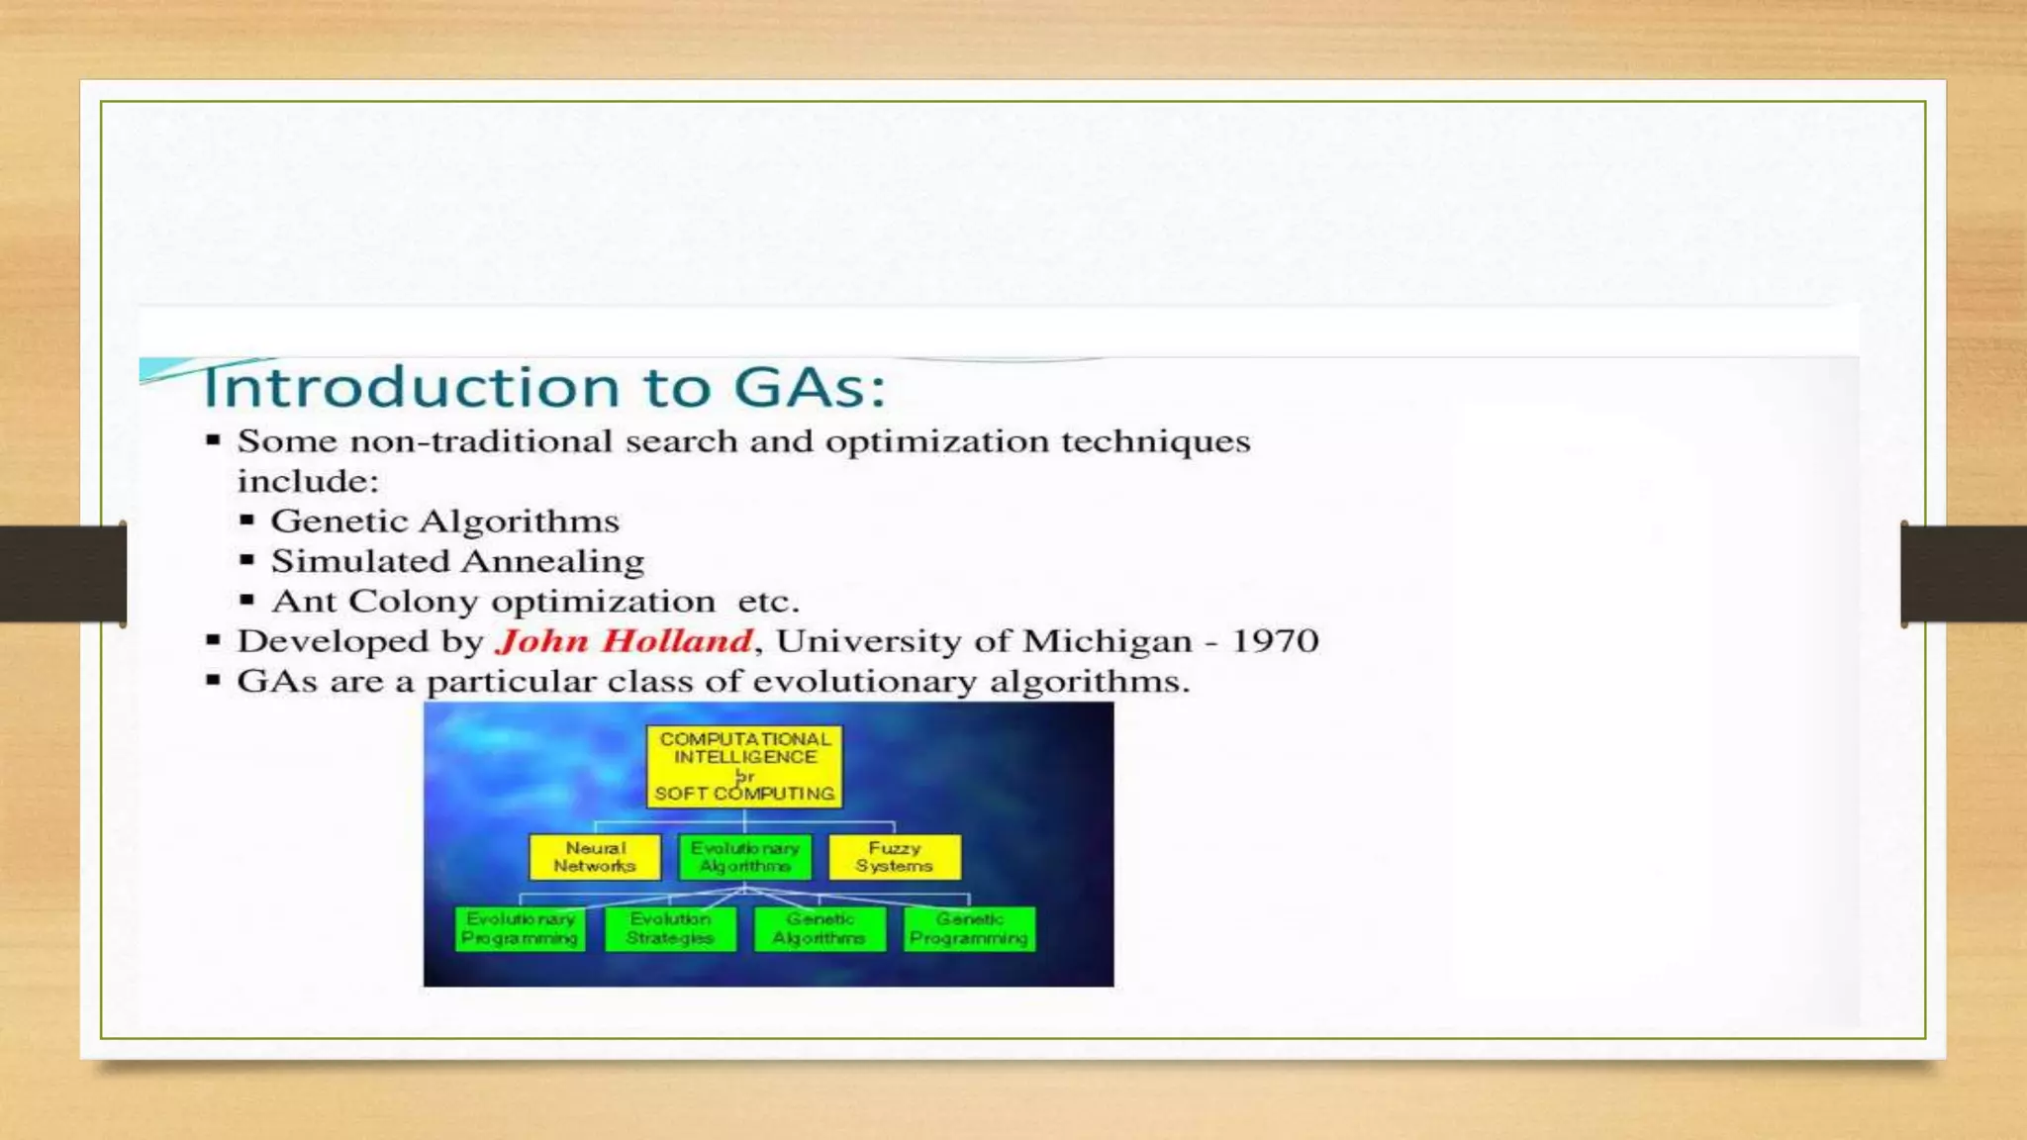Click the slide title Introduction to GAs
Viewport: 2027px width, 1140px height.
(x=544, y=387)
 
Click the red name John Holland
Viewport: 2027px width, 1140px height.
(x=625, y=641)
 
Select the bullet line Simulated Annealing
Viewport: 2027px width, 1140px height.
(x=457, y=561)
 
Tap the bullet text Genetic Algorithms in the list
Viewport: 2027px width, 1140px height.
(x=445, y=521)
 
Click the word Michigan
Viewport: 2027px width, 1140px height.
(x=1107, y=641)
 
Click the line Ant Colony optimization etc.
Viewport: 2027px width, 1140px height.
(x=534, y=602)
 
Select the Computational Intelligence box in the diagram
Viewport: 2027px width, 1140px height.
(x=744, y=766)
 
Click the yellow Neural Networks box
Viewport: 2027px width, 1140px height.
(x=595, y=857)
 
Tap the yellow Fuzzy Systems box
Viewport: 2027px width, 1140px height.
(x=894, y=857)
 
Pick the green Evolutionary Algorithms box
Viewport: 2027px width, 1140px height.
(x=744, y=857)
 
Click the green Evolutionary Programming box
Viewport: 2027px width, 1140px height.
(x=520, y=929)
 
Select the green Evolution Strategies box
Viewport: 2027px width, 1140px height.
(x=670, y=929)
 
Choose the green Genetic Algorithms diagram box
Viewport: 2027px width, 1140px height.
(x=820, y=929)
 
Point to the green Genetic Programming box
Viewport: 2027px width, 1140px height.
(x=969, y=929)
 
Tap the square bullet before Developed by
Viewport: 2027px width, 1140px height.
(x=213, y=640)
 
